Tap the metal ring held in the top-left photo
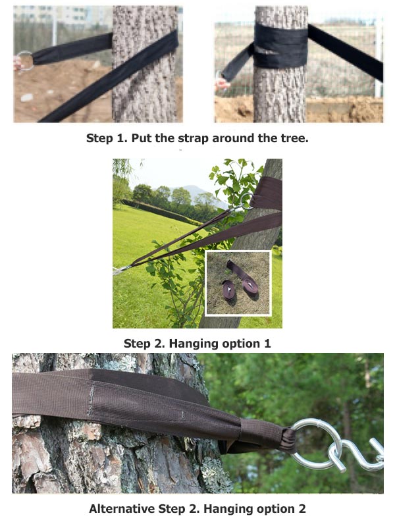(24, 61)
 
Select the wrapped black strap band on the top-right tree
(282, 47)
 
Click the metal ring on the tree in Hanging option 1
(247, 200)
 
